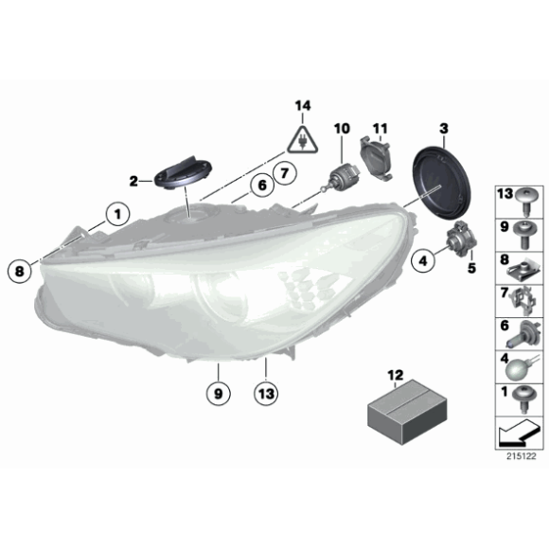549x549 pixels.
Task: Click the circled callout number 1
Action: tap(117, 215)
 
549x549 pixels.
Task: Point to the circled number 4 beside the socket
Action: tap(421, 256)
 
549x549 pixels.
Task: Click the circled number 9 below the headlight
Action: tap(217, 389)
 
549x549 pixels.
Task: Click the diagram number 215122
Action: tap(521, 456)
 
